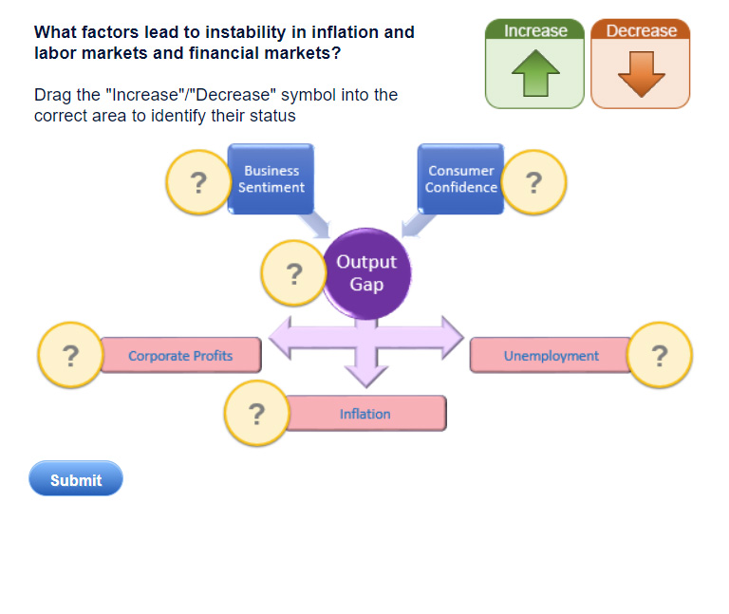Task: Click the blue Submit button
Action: click(76, 478)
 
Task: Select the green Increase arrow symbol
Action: click(535, 73)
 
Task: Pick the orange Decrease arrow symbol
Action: click(642, 74)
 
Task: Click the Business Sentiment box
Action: click(271, 179)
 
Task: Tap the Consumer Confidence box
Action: click(460, 179)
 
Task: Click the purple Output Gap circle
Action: click(366, 273)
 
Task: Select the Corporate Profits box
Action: click(180, 355)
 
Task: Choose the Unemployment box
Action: click(551, 355)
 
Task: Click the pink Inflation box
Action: click(365, 413)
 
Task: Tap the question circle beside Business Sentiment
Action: click(198, 182)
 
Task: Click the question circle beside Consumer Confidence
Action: click(533, 182)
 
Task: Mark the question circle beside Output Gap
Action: click(294, 273)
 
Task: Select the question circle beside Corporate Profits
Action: click(70, 355)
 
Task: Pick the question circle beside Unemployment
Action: click(660, 355)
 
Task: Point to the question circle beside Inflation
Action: click(256, 413)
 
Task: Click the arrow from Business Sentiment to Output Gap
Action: click(315, 224)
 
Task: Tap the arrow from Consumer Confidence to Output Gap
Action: click(418, 224)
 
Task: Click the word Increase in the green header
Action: click(535, 30)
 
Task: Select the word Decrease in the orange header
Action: click(642, 30)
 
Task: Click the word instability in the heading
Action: click(246, 32)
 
